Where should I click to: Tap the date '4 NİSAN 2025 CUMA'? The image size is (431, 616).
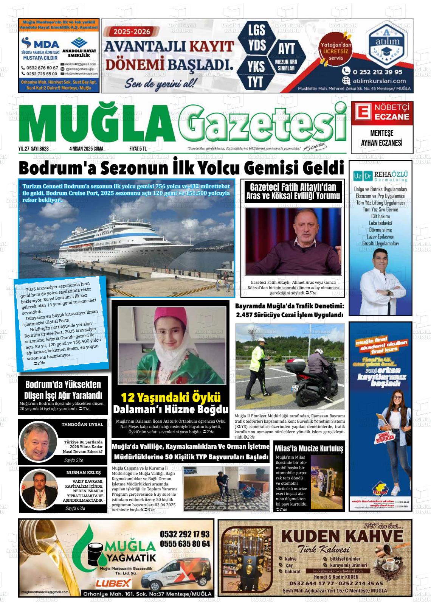[86, 149]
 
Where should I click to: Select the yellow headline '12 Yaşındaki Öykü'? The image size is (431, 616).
[171, 398]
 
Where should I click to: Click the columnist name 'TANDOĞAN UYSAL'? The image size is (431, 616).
[82, 425]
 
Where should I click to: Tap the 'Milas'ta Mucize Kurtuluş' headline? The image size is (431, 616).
[309, 449]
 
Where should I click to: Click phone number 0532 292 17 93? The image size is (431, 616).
[184, 534]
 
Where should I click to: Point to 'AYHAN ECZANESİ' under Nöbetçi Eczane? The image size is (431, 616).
[382, 143]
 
